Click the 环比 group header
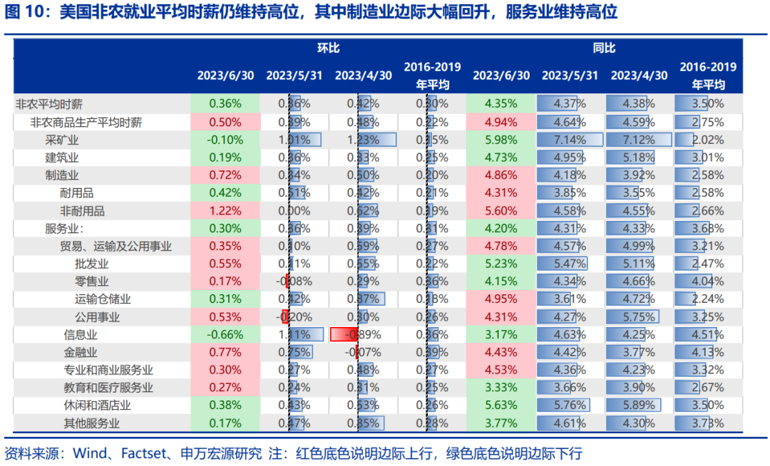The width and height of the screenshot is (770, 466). [328, 48]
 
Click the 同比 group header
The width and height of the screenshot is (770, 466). [604, 48]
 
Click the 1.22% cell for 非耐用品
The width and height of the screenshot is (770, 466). [225, 211]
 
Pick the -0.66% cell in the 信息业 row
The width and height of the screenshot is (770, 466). [225, 334]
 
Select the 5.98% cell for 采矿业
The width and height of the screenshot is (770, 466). [500, 140]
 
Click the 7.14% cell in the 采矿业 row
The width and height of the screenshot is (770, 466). [569, 140]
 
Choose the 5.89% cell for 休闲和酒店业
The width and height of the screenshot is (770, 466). [639, 405]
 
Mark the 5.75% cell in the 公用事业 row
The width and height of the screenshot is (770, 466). [639, 317]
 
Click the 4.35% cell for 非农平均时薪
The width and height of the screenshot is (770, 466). [500, 103]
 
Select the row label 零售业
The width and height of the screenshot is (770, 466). [92, 281]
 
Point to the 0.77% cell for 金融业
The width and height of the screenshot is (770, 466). [225, 352]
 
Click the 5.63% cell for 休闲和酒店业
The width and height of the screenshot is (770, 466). [500, 405]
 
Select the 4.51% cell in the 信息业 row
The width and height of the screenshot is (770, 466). [708, 334]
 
